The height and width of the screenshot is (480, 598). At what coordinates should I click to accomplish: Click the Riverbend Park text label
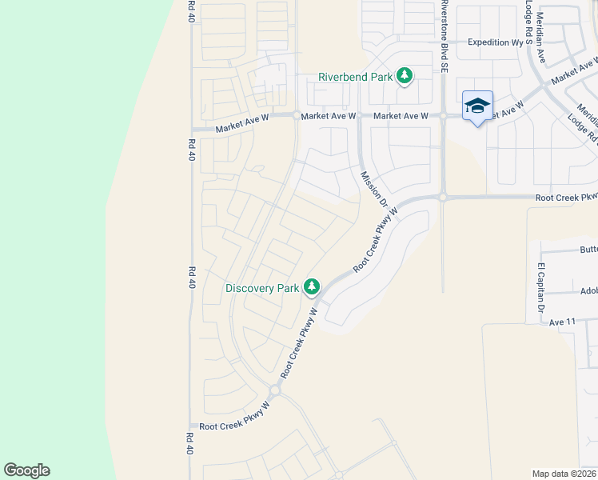356,77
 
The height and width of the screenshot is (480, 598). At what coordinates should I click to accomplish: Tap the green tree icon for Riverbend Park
405,76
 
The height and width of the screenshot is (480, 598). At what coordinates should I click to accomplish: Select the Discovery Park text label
261,288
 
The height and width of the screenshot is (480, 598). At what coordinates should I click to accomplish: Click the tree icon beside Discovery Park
311,287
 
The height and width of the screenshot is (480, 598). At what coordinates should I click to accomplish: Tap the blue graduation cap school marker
477,106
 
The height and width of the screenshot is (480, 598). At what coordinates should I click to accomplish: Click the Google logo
26,470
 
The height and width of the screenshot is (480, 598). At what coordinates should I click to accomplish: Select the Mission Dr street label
373,190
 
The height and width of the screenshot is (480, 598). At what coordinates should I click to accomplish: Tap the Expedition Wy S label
500,42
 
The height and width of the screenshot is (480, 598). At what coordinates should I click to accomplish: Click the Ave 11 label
563,322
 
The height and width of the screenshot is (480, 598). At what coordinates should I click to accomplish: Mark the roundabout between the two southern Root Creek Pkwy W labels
274,391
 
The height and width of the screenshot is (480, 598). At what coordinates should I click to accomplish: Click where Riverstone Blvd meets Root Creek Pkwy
442,197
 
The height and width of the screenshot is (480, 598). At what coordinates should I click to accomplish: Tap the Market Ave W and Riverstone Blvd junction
443,116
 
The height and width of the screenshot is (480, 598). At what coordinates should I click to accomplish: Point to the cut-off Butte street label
588,250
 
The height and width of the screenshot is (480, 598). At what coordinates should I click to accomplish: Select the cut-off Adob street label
588,291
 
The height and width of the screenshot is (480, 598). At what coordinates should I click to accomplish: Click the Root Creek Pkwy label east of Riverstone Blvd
566,197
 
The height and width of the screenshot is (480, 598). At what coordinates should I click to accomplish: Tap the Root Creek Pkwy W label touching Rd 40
234,427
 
